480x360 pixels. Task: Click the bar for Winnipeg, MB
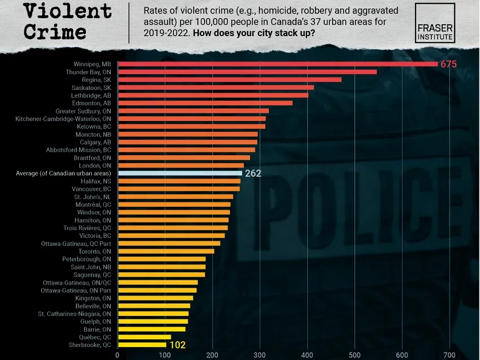[x=277, y=64]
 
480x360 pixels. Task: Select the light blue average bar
[x=180, y=173]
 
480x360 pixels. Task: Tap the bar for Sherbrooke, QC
[x=142, y=344]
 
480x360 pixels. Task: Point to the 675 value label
[x=448, y=64]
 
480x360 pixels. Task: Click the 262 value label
[x=253, y=174]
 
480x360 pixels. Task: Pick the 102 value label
[x=177, y=344]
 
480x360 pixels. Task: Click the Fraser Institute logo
[x=435, y=23]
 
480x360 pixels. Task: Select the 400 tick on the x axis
[x=307, y=355]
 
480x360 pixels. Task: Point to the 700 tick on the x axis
[x=449, y=355]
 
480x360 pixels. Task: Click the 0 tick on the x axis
[x=117, y=355]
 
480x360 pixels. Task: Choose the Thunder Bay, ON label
[x=88, y=72]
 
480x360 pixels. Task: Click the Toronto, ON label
[x=94, y=251]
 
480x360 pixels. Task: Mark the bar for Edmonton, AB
[x=205, y=103]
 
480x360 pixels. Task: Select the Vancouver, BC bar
[x=178, y=188]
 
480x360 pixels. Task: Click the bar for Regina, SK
[x=229, y=80]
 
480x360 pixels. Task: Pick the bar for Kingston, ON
[x=155, y=298]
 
